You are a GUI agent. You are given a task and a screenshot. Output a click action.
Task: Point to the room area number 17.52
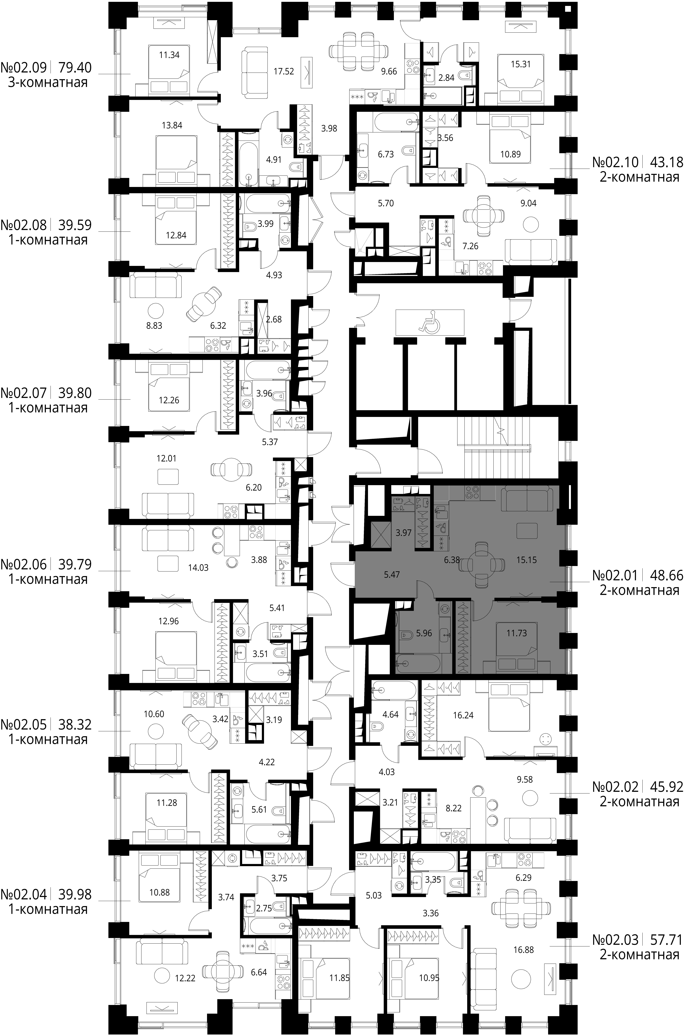[x=284, y=71]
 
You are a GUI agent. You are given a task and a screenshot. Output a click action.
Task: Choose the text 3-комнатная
[x=48, y=82]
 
